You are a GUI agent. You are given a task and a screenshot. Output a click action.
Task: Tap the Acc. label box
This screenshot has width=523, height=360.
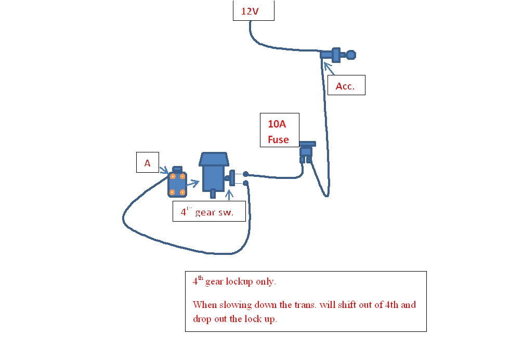[346, 86]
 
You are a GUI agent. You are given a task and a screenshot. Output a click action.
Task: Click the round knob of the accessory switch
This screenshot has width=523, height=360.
[351, 54]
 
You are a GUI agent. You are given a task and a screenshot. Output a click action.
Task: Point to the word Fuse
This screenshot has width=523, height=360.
[278, 139]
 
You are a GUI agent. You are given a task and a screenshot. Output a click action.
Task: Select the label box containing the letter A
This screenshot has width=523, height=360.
[147, 163]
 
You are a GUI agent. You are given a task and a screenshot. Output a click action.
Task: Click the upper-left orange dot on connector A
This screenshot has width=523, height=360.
[172, 176]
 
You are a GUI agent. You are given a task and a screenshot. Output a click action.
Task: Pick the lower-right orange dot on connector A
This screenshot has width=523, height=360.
[182, 192]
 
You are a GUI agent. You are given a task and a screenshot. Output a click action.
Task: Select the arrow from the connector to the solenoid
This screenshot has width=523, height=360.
[193, 183]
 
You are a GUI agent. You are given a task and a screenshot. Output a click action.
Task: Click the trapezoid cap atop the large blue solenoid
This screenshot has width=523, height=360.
[214, 159]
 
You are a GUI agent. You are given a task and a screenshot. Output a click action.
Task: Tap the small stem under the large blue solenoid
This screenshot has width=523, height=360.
[213, 194]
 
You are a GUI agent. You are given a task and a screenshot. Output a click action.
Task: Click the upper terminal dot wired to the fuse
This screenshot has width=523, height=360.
[245, 174]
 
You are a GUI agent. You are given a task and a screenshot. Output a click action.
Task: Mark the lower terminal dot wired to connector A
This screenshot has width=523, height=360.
[245, 183]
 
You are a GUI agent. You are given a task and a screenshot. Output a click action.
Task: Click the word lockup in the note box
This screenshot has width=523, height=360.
[239, 282]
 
